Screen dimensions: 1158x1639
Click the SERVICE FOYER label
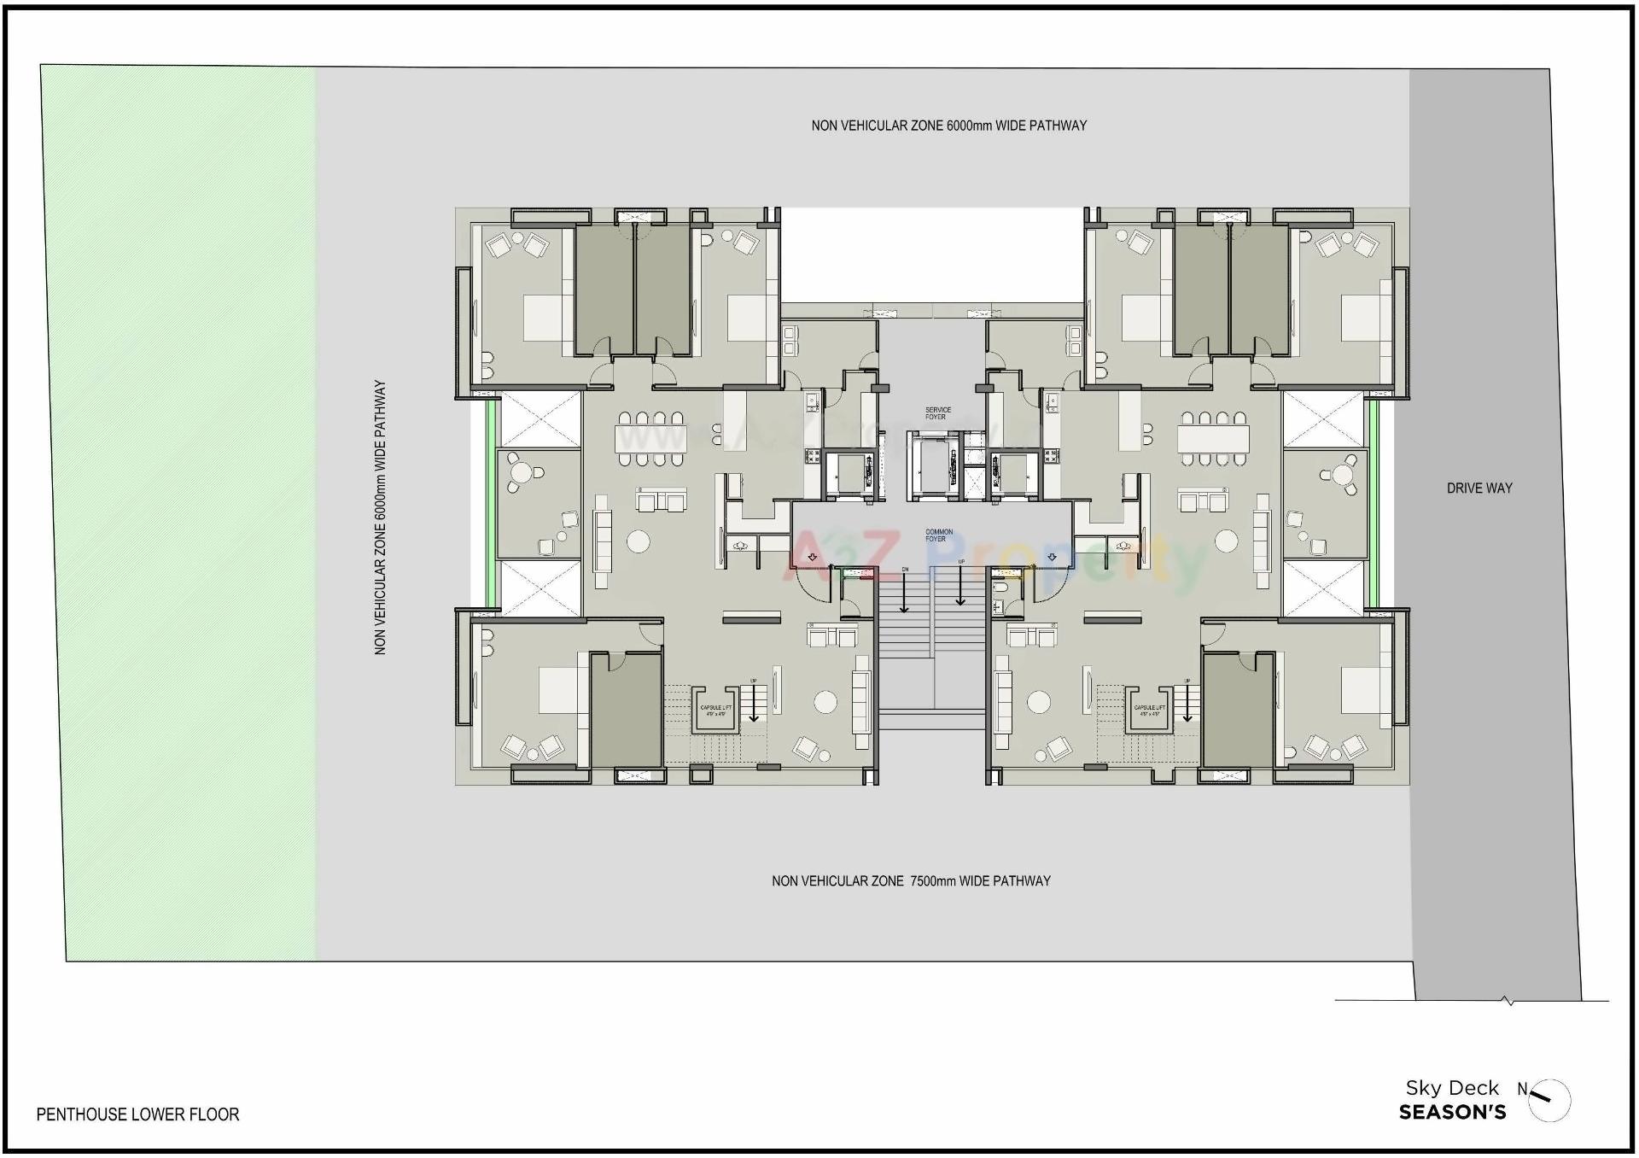point(937,413)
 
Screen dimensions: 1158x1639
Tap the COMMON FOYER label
point(937,535)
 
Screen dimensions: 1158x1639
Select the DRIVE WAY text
point(1479,488)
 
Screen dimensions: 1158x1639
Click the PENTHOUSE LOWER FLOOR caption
point(137,1114)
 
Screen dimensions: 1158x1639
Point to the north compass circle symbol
point(1550,1102)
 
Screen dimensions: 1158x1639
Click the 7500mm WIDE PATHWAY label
point(911,880)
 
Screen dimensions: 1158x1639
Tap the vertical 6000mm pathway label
point(381,518)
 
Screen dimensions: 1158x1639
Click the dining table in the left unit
point(650,439)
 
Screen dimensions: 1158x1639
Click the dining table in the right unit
point(1213,439)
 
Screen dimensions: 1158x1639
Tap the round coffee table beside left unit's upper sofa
point(638,541)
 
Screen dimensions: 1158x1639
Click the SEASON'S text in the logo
point(1452,1113)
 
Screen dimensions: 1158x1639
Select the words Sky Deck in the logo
point(1452,1088)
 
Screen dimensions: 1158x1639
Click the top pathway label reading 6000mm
point(948,126)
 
